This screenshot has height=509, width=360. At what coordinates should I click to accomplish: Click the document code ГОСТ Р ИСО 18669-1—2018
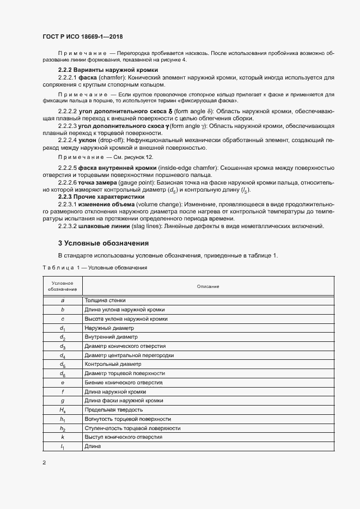coord(82,36)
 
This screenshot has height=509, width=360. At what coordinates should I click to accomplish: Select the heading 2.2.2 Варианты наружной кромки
coord(108,70)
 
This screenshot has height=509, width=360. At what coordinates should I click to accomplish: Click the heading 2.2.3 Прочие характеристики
coord(101,197)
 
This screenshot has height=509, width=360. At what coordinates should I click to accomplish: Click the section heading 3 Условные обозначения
coord(103,243)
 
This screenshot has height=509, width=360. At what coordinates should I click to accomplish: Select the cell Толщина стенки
coord(105,300)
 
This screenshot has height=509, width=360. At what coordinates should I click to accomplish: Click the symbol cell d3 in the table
coord(63,346)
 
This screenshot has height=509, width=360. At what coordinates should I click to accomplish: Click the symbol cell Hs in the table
coord(63,410)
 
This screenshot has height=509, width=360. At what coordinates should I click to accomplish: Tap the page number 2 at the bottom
coord(44,463)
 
